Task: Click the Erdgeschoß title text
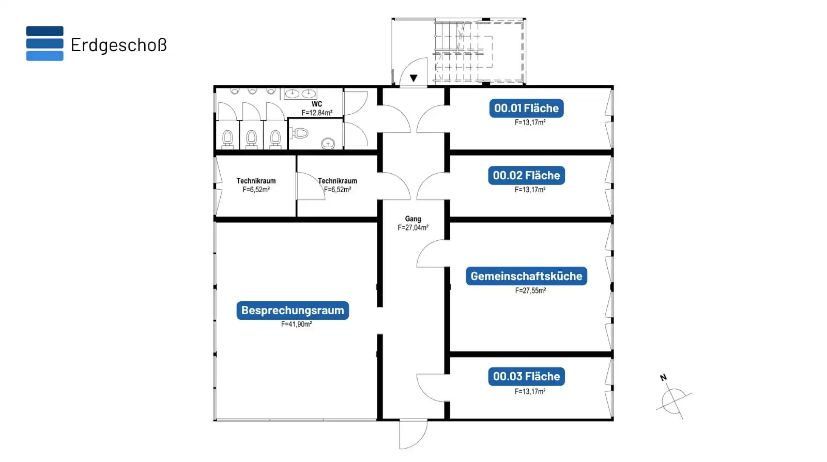118,44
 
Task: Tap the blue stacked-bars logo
44,43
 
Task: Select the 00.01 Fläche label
527,108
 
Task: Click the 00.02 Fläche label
527,175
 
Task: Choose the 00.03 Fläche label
527,376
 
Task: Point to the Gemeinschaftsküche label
527,276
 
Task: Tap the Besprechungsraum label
293,311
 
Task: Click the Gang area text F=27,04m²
413,228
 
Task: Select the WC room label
317,104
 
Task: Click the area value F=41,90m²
297,324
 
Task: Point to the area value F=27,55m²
530,290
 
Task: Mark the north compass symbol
674,401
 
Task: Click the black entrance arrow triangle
413,78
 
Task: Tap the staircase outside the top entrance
479,51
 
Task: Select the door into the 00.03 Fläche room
432,388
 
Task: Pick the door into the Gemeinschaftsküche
432,253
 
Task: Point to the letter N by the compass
663,377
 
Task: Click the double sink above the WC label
300,94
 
